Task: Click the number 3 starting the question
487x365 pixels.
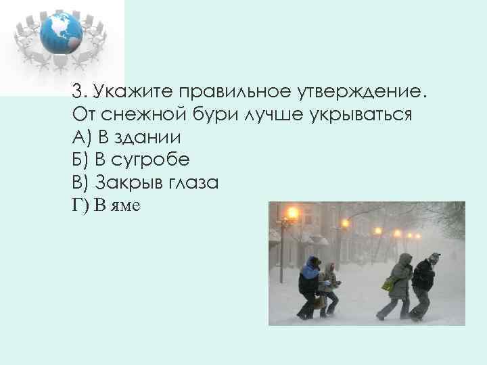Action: pyautogui.click(x=77, y=91)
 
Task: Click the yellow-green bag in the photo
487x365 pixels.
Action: pyautogui.click(x=388, y=285)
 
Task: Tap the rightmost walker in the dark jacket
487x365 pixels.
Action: pyautogui.click(x=424, y=284)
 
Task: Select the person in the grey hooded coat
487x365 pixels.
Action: pyautogui.click(x=400, y=284)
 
